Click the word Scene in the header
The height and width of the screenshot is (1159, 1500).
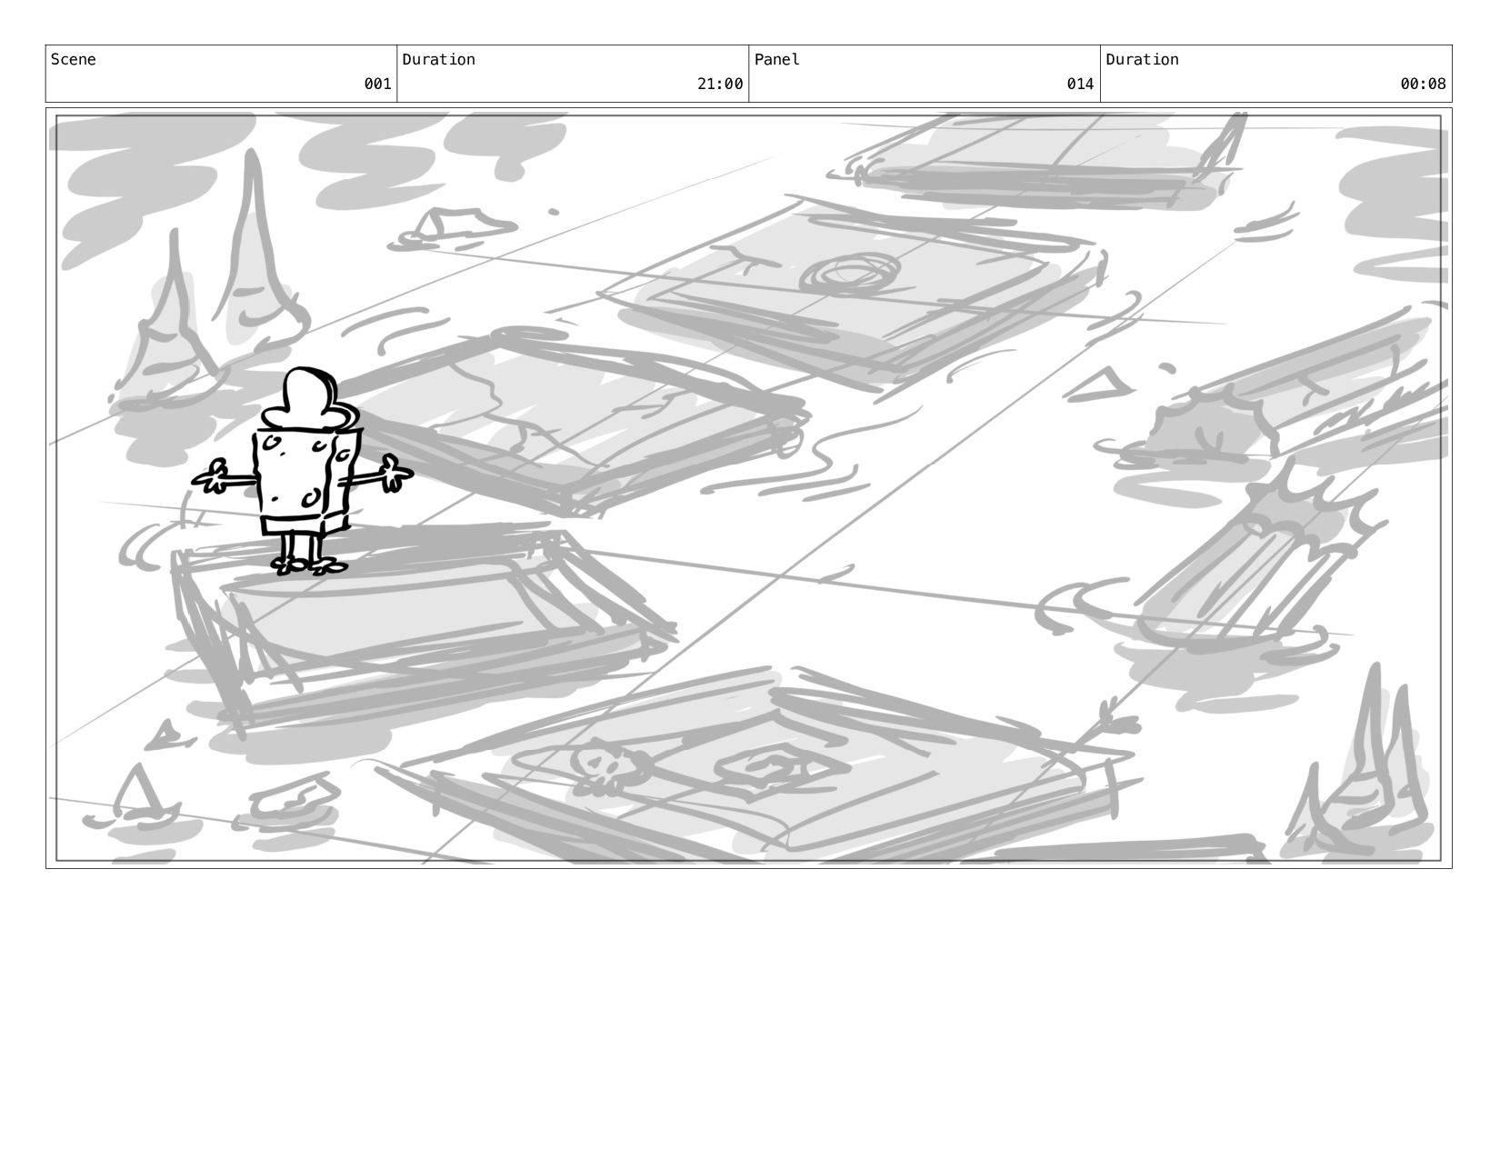(x=73, y=60)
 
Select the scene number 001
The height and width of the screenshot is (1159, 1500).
(x=377, y=85)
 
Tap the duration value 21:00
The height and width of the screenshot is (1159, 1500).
(x=720, y=85)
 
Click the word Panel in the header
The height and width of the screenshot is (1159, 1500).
(x=776, y=60)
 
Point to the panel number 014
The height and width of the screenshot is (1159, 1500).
(x=1080, y=85)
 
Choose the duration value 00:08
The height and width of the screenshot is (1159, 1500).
(x=1423, y=85)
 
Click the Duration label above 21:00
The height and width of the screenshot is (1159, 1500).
(x=438, y=60)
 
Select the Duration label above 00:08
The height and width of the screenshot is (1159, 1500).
(x=1142, y=60)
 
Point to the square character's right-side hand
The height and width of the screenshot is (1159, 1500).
(x=395, y=474)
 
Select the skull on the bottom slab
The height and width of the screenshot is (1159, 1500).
(x=600, y=768)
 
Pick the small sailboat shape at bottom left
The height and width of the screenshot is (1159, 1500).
(x=139, y=794)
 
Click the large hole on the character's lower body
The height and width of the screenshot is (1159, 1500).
(x=311, y=498)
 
